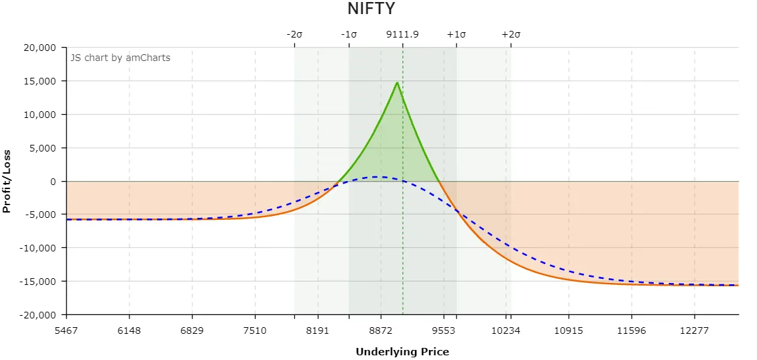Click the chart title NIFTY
(371, 9)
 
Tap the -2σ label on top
(294, 34)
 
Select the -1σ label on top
(349, 34)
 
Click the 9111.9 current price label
(402, 34)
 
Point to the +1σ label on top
(456, 34)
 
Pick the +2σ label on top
(511, 34)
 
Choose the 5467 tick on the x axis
(66, 330)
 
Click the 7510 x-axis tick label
(255, 330)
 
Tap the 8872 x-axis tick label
(380, 330)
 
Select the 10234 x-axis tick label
(506, 330)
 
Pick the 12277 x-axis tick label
(694, 330)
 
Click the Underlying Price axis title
(402, 351)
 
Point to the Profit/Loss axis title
(7, 181)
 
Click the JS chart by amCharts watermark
(121, 58)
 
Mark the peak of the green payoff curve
(397, 82)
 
